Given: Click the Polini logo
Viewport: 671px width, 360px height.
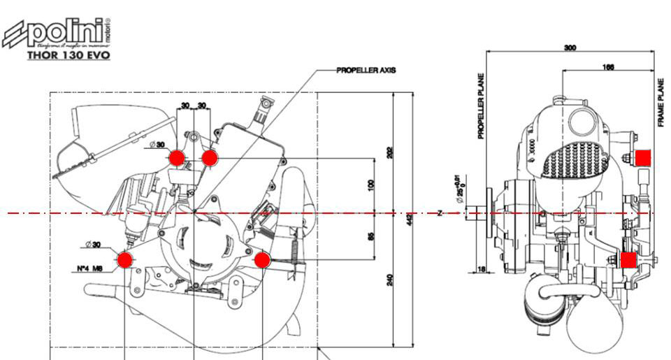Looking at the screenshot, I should click(x=58, y=32).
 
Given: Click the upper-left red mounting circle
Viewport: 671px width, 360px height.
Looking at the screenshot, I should click(x=177, y=158).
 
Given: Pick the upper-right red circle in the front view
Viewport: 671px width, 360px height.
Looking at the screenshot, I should click(x=208, y=158).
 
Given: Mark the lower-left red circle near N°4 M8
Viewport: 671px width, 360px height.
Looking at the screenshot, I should click(x=125, y=261).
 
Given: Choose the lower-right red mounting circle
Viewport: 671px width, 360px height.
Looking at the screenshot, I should click(x=262, y=261).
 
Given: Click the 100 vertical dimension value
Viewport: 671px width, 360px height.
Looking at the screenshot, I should click(x=371, y=185).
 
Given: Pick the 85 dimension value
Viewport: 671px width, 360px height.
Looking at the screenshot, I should click(x=371, y=236).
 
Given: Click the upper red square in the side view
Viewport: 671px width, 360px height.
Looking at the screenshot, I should click(x=643, y=158).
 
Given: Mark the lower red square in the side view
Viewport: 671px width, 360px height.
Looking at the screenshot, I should click(x=628, y=261).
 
